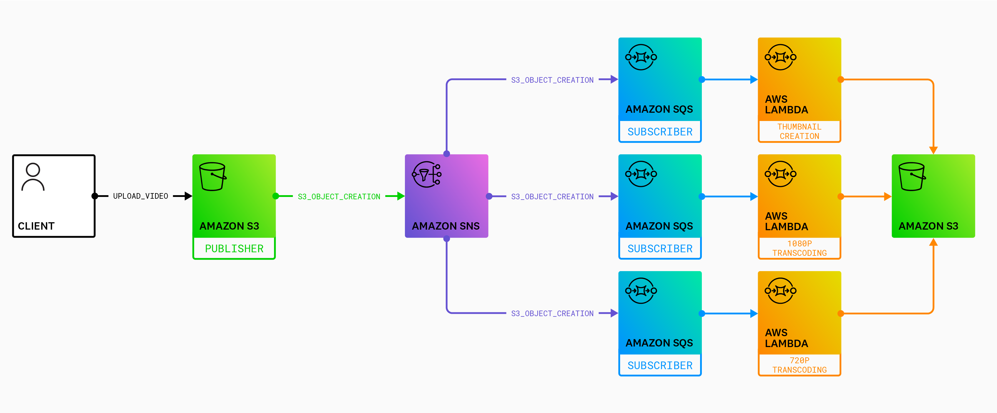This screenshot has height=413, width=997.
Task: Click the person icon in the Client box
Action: pos(33,177)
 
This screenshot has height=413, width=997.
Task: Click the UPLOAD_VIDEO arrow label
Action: pos(140,196)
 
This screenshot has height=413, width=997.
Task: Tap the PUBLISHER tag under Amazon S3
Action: pos(234,248)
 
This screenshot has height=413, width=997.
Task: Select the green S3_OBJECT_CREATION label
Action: pos(339,197)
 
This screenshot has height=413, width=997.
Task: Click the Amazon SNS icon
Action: pos(426,175)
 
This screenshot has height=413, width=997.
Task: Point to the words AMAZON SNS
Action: pos(446,226)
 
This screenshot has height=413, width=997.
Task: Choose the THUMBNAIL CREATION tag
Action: pos(799,132)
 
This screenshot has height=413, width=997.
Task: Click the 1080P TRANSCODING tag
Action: pos(799,248)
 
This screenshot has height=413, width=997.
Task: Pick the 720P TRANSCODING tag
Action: pos(799,365)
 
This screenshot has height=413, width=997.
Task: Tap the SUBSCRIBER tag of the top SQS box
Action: pos(660,132)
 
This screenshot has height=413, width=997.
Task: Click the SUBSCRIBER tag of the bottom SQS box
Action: pos(660,365)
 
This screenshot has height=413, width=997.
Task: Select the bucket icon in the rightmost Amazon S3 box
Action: pos(912,177)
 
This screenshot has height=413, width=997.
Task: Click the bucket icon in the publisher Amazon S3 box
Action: pos(212,177)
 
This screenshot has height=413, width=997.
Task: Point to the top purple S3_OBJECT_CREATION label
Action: pos(552,80)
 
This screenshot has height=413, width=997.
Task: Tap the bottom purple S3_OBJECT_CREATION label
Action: pos(552,314)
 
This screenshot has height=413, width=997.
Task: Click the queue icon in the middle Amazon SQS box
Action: pos(641,174)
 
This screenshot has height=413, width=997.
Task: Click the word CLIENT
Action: pos(36,226)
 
